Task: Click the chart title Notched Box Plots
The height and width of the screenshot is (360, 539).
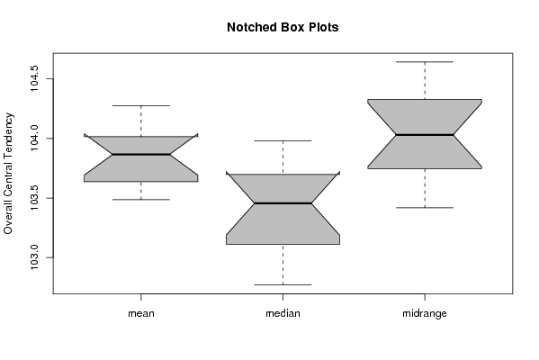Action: point(283,28)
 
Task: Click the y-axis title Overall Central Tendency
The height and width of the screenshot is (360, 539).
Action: point(8,174)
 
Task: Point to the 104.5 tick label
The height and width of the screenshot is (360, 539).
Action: point(34,78)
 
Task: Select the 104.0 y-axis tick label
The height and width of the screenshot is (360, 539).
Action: point(34,139)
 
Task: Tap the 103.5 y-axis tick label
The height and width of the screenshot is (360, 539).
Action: point(34,198)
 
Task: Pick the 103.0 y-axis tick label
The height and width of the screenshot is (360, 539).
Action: point(34,257)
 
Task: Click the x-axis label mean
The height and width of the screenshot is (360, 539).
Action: point(141,313)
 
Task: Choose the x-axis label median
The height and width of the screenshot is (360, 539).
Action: point(283,313)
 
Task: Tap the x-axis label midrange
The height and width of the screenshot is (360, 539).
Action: point(425,313)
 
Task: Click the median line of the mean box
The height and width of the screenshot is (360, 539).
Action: point(141,155)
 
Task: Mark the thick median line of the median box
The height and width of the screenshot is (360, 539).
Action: point(283,203)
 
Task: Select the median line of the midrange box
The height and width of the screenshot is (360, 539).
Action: point(425,135)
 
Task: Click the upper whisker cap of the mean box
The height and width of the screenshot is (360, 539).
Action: point(141,105)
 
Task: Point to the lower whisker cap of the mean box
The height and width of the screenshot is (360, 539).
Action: point(141,200)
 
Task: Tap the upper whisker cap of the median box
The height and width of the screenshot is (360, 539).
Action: point(283,140)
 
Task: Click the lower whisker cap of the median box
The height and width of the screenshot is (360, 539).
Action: point(283,284)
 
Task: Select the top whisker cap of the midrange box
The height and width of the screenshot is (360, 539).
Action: point(425,62)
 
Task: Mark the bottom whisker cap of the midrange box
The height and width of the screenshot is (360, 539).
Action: point(425,208)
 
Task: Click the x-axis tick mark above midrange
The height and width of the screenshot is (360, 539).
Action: point(425,297)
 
